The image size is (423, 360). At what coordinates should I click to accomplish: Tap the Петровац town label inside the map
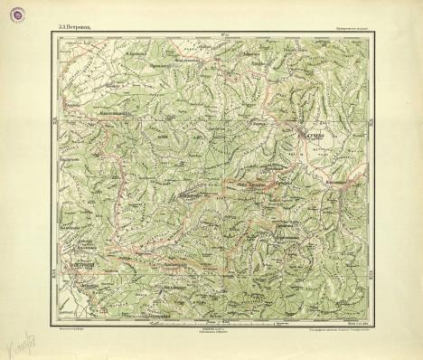click(x=86, y=264)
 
